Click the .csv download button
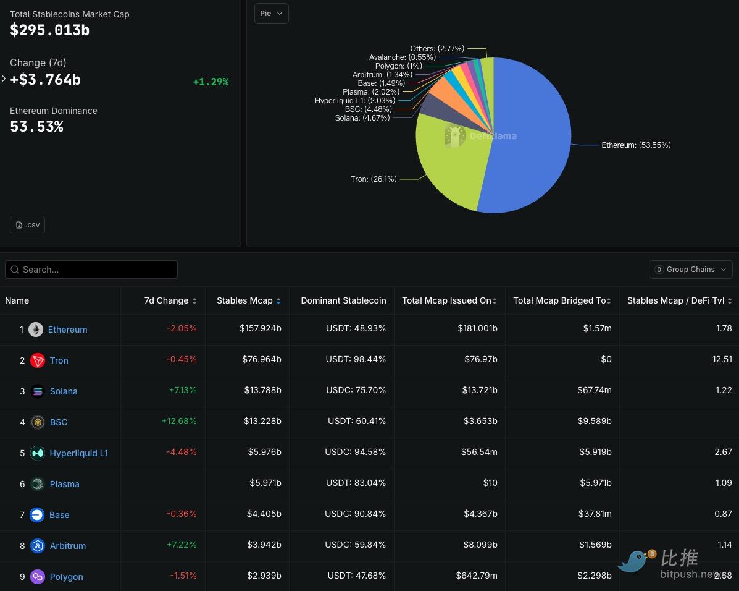click(x=28, y=225)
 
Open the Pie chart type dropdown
click(x=271, y=14)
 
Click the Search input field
click(x=93, y=270)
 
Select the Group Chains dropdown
click(x=690, y=270)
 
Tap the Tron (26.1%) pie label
click(x=374, y=179)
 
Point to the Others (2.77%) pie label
click(x=437, y=48)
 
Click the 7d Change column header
click(x=167, y=300)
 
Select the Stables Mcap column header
click(x=245, y=300)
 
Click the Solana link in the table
click(x=64, y=391)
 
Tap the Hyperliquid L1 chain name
click(x=79, y=453)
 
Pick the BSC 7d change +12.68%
click(x=179, y=422)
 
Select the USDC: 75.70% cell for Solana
click(x=355, y=391)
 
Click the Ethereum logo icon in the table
click(x=36, y=330)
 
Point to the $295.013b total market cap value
click(x=50, y=30)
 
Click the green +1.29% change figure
click(x=211, y=82)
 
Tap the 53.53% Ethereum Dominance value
click(x=36, y=127)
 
